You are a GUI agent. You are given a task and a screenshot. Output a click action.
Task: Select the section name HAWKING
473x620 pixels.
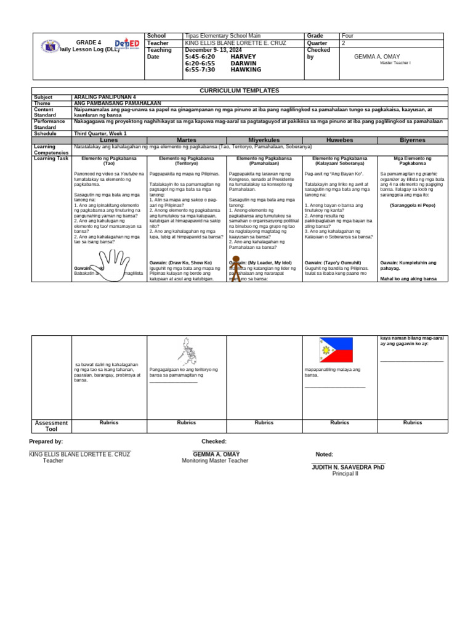coord(246,70)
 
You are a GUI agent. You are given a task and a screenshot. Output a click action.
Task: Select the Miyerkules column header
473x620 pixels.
coord(264,141)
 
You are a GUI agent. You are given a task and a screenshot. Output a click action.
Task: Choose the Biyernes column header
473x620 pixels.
coord(412,141)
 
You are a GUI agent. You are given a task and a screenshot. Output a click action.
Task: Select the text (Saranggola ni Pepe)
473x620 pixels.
coord(412,206)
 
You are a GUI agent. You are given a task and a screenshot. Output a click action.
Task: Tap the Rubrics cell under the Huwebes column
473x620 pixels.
coord(339,423)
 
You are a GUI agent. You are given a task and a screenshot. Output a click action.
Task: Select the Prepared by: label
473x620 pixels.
coord(46,442)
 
